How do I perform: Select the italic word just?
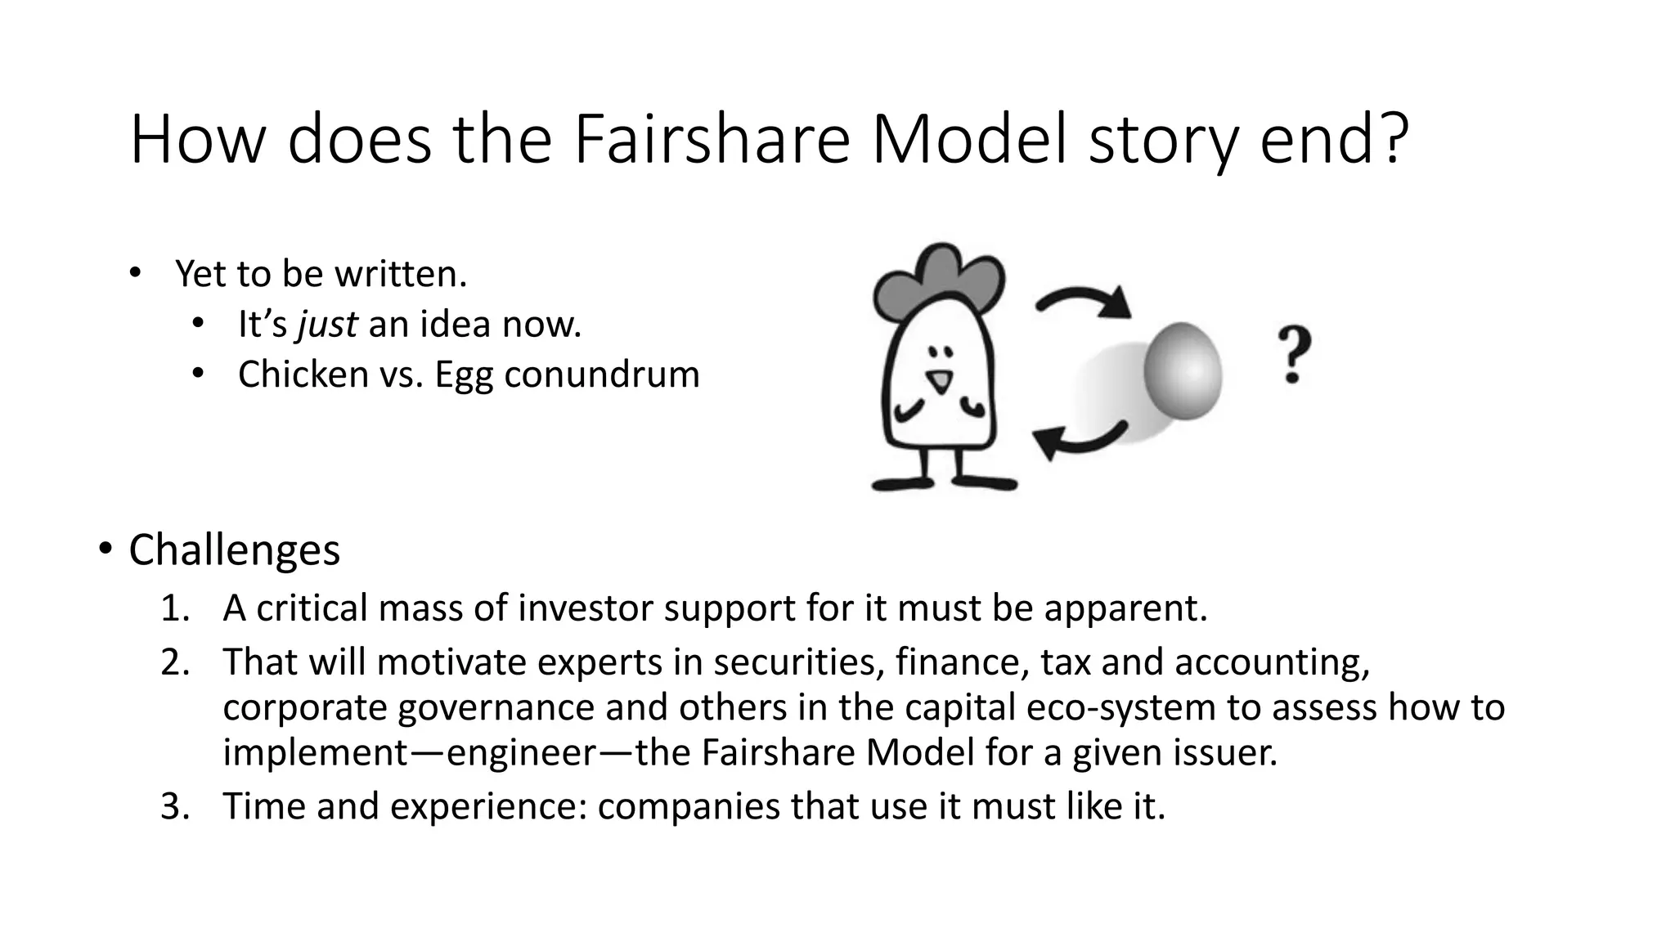[x=327, y=324]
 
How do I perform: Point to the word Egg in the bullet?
[x=463, y=376]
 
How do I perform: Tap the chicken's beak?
[x=941, y=382]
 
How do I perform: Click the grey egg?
[x=1183, y=370]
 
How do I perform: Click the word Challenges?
[x=234, y=549]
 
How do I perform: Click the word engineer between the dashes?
[x=521, y=752]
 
